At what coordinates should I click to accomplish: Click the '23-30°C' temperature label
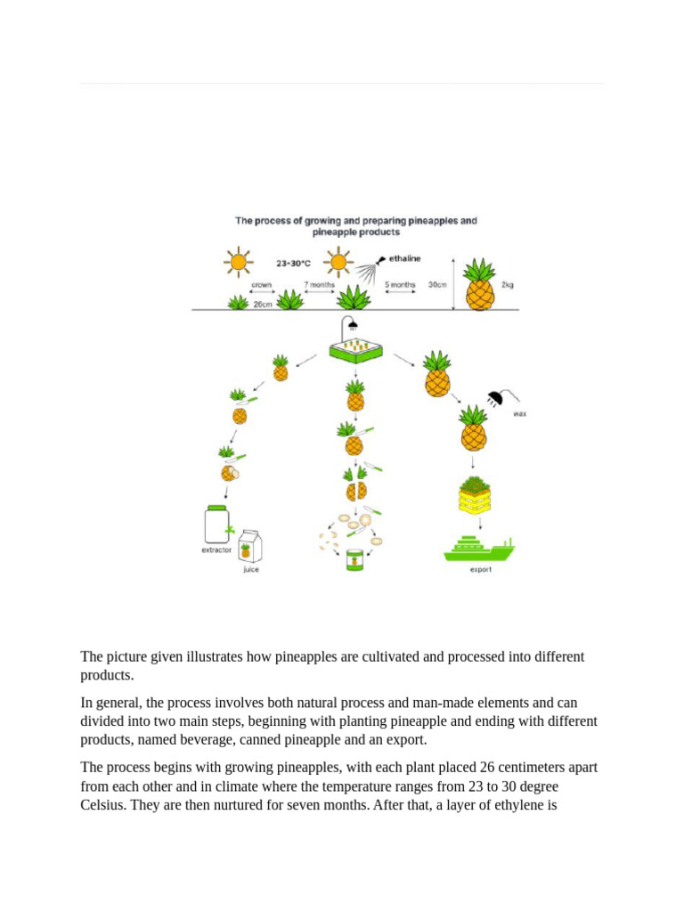pyautogui.click(x=293, y=263)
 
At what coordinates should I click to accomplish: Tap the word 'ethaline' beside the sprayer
pyautogui.click(x=403, y=259)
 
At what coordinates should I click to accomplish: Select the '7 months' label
pyautogui.click(x=319, y=285)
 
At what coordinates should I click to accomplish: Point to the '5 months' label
pyautogui.click(x=400, y=285)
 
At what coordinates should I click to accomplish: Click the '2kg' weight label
pyautogui.click(x=507, y=285)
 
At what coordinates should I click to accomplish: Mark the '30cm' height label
pyautogui.click(x=437, y=285)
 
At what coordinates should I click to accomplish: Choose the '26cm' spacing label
pyautogui.click(x=263, y=304)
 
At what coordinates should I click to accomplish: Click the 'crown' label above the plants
pyautogui.click(x=261, y=285)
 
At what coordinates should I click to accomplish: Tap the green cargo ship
pyautogui.click(x=479, y=549)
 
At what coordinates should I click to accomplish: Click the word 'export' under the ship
pyautogui.click(x=481, y=570)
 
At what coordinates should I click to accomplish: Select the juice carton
pyautogui.click(x=250, y=546)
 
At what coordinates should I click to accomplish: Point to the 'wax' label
pyautogui.click(x=519, y=413)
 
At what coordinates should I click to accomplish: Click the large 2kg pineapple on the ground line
pyautogui.click(x=479, y=285)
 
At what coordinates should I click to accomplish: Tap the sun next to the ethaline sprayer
pyautogui.click(x=337, y=262)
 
